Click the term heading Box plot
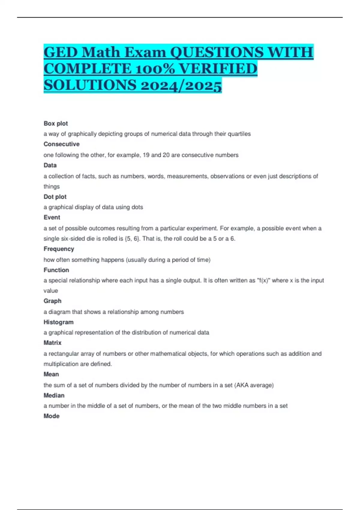click(x=56, y=123)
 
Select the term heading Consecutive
click(x=61, y=144)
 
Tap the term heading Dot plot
click(x=55, y=197)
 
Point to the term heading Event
click(x=52, y=217)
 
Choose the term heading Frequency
click(x=59, y=249)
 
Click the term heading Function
click(x=56, y=270)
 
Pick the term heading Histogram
click(x=58, y=322)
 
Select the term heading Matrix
click(x=52, y=343)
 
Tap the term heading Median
click(x=54, y=395)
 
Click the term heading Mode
click(x=52, y=416)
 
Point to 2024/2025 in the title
click(x=181, y=85)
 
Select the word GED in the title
click(x=61, y=52)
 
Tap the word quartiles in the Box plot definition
click(x=239, y=134)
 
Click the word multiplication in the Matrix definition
click(x=61, y=364)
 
